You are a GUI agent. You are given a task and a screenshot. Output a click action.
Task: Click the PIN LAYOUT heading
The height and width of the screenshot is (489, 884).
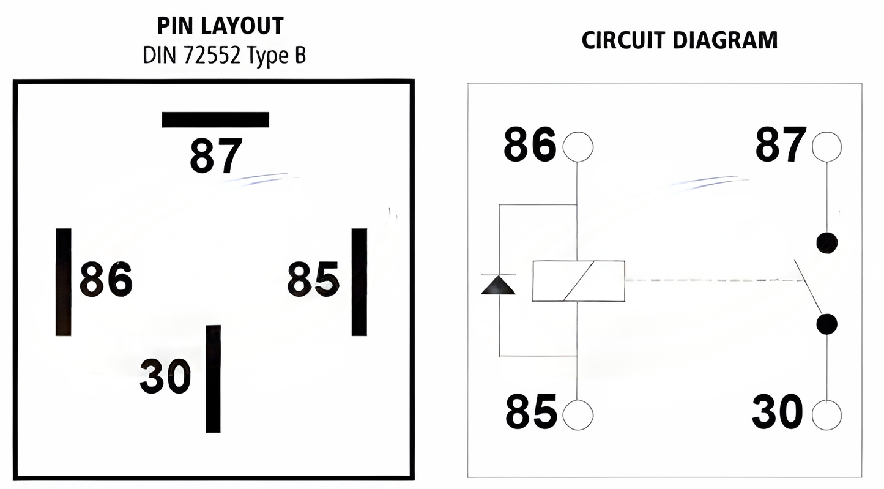220,26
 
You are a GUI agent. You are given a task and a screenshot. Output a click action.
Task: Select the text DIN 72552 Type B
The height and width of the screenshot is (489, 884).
224,56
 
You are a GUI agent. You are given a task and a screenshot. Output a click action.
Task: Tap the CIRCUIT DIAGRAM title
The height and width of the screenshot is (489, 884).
679,40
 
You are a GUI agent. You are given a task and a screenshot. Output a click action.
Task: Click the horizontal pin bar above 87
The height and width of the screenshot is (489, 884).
215,119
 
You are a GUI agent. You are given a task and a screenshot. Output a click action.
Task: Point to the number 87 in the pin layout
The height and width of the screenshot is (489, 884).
216,156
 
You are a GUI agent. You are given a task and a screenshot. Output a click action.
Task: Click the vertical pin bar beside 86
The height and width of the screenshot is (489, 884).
64,282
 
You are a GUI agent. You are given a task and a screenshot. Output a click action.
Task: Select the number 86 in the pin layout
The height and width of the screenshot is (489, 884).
106,279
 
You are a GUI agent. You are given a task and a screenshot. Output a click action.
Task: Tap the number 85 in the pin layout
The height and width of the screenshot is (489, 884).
313,279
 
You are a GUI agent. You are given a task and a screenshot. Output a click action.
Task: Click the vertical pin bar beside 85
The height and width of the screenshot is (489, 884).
359,282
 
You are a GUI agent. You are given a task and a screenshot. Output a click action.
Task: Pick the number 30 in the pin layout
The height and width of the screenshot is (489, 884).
165,376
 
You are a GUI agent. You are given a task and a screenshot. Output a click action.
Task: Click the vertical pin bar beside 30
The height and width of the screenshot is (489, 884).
213,378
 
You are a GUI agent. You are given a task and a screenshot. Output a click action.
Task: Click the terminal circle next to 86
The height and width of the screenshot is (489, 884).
578,147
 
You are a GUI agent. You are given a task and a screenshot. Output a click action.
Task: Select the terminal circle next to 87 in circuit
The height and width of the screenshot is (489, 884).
826,147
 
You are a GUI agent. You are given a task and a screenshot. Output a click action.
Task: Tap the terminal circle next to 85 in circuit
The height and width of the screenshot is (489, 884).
578,415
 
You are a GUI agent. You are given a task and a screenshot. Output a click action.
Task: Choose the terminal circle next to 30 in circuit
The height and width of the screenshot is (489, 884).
826,415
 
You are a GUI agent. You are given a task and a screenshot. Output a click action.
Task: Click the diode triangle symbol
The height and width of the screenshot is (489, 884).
499,285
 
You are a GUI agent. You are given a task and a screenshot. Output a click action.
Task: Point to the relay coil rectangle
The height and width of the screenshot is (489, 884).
578,281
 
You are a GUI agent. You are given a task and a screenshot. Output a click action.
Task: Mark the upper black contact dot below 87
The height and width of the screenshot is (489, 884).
826,243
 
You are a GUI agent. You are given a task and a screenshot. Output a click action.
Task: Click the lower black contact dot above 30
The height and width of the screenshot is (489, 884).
826,324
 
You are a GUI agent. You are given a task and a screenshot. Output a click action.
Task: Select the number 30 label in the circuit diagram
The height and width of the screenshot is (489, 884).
777,411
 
